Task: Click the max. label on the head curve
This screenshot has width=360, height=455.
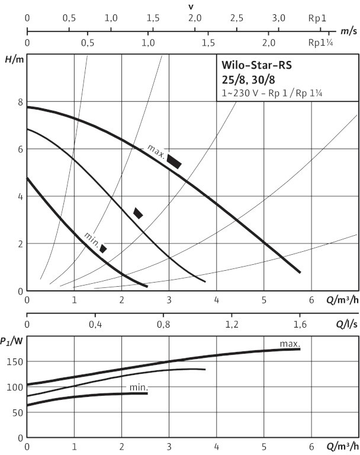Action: click(x=155, y=150)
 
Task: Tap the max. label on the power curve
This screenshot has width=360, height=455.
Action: click(x=290, y=344)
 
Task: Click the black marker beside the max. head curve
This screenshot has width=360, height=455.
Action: click(x=174, y=161)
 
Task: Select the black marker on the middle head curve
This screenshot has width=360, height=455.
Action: click(x=138, y=213)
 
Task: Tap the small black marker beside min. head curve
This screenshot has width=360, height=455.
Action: click(x=103, y=248)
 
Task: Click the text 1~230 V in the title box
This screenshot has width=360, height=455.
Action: click(x=235, y=93)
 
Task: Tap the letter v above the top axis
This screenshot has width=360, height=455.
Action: click(x=191, y=6)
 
